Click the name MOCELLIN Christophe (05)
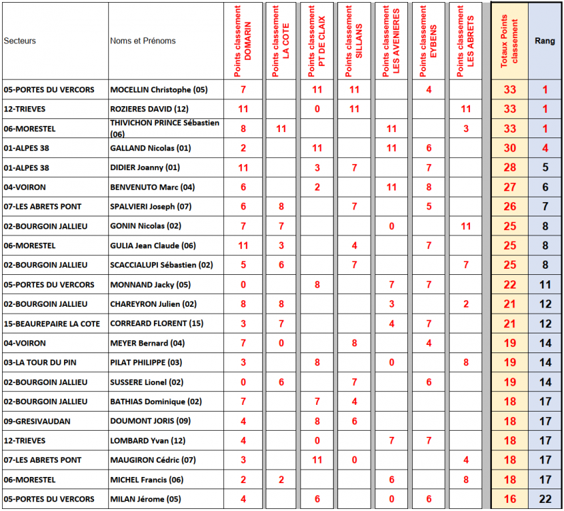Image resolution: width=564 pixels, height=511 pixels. coord(159,89)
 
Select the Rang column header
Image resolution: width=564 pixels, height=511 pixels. coord(545,41)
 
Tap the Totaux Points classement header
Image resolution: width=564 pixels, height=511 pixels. coord(510,41)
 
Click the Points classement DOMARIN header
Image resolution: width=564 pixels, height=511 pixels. coord(243,41)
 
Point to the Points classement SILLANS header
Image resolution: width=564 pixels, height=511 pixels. coord(354,41)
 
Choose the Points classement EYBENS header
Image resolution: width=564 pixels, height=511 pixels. coord(428,41)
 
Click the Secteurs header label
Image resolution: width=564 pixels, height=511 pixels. coord(20,41)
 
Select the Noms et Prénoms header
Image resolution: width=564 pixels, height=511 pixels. coord(142,41)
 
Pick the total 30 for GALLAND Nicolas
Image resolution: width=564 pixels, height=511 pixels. coord(510,148)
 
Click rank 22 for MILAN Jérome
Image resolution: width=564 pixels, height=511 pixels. coord(545,499)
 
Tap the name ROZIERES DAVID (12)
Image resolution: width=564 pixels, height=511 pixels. coord(149,109)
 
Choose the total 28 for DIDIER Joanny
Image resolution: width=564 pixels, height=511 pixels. coord(510,167)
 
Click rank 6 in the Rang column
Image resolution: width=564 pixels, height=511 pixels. coord(545,187)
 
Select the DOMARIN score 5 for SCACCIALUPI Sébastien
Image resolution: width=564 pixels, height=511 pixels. coord(243,265)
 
